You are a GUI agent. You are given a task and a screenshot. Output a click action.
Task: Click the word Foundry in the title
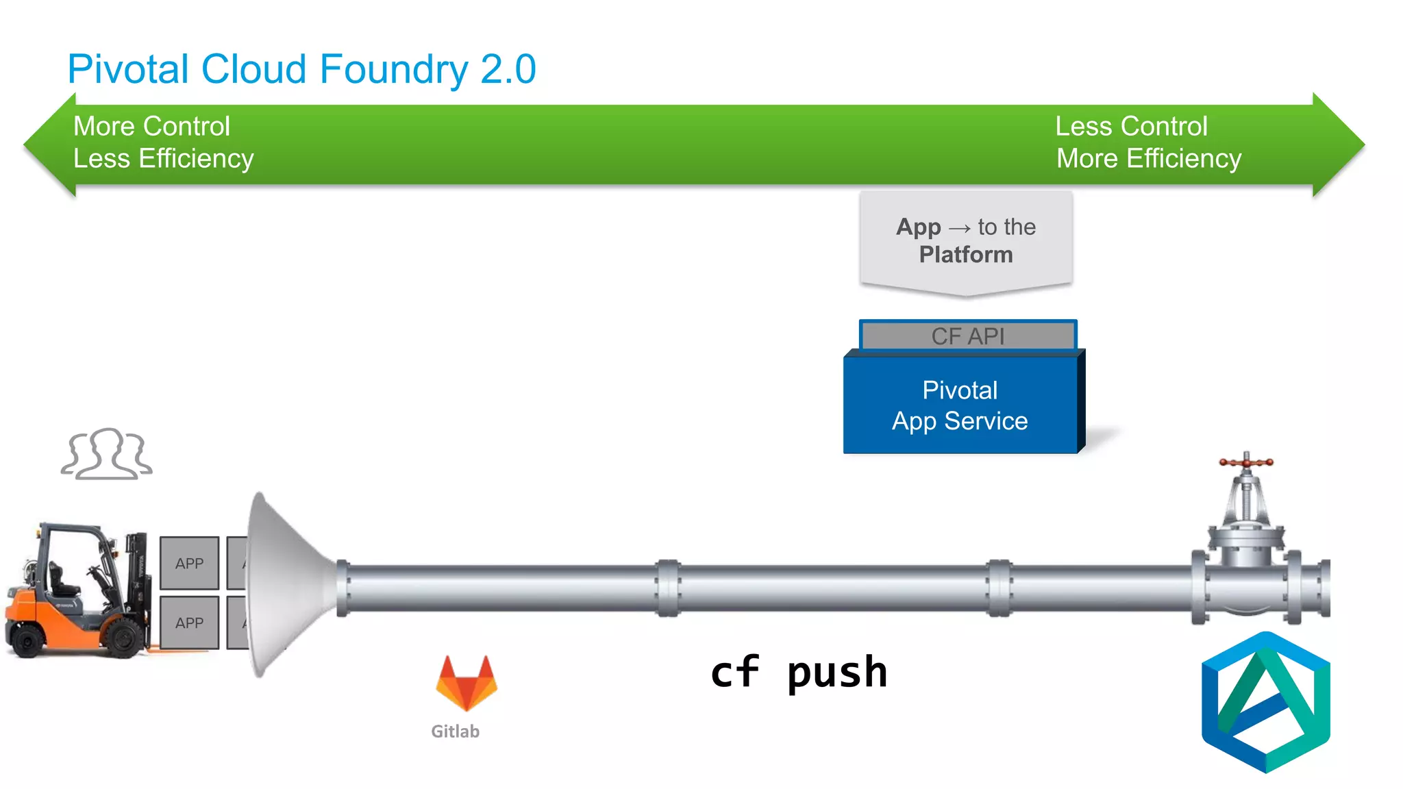pyautogui.click(x=393, y=70)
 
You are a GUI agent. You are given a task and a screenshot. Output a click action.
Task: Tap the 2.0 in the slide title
pyautogui.click(x=508, y=70)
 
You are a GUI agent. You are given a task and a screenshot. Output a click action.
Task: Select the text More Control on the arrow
pyautogui.click(x=151, y=127)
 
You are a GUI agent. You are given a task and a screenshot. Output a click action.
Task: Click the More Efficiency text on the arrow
pyautogui.click(x=1148, y=159)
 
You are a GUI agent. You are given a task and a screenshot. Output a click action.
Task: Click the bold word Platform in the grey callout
pyautogui.click(x=965, y=255)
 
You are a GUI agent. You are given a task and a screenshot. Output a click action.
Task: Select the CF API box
pyautogui.click(x=967, y=336)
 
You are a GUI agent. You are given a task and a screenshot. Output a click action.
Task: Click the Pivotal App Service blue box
pyautogui.click(x=960, y=405)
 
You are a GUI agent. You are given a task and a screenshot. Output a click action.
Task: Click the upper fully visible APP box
pyautogui.click(x=189, y=563)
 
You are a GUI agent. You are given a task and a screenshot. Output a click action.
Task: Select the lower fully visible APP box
pyautogui.click(x=189, y=623)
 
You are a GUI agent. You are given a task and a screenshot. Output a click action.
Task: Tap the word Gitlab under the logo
pyautogui.click(x=455, y=731)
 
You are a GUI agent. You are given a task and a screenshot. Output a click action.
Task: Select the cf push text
pyautogui.click(x=799, y=673)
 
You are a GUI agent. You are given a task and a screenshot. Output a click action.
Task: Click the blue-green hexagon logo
pyautogui.click(x=1265, y=702)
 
